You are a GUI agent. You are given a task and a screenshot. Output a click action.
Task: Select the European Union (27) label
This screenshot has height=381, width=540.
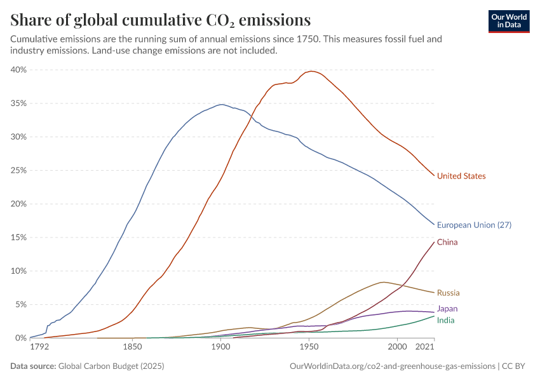coord(474,225)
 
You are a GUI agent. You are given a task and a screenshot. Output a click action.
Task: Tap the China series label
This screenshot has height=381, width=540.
coord(447,243)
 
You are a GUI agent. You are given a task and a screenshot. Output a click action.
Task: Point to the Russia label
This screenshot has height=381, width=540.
coord(448,293)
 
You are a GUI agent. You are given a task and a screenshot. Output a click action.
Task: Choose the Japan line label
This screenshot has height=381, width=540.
coord(447,309)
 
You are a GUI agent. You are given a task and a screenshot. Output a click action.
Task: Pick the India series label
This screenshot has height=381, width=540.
coord(445,320)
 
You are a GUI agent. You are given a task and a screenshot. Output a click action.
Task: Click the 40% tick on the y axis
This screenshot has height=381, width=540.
coord(18,70)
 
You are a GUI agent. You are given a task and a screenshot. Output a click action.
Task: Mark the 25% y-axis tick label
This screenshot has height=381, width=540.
coord(18,170)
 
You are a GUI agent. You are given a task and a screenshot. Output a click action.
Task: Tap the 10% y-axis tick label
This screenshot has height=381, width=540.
coord(18,271)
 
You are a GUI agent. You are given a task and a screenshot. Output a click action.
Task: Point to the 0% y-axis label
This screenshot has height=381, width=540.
coord(20,338)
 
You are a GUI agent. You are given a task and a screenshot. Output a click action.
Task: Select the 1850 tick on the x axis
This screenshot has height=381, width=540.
coord(132,348)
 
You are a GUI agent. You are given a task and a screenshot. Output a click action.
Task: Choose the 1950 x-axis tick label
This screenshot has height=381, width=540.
coord(309,348)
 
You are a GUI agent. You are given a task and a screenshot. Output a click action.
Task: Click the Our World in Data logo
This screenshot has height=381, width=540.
coord(508,20)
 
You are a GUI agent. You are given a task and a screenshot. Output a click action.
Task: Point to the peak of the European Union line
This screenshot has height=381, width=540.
coord(221,104)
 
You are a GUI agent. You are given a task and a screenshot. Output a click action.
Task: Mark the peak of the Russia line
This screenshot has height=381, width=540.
coord(382,282)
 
